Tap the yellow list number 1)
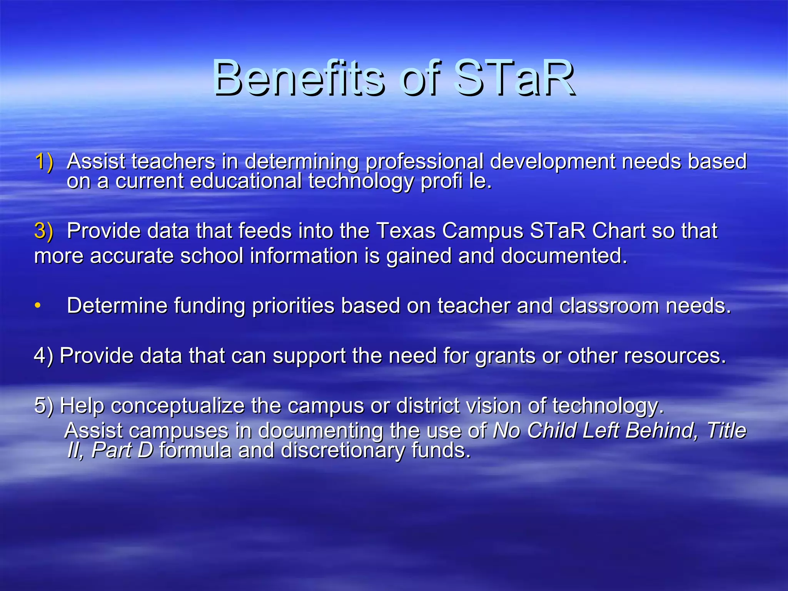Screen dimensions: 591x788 click(44, 162)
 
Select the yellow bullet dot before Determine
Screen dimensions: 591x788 click(37, 306)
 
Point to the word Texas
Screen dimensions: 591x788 click(406, 231)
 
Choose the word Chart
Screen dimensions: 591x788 click(618, 231)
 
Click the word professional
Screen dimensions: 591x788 click(424, 162)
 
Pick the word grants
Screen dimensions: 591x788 click(505, 356)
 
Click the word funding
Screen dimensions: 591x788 click(210, 306)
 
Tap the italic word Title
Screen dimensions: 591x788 click(726, 430)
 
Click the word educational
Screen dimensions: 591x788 click(246, 181)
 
